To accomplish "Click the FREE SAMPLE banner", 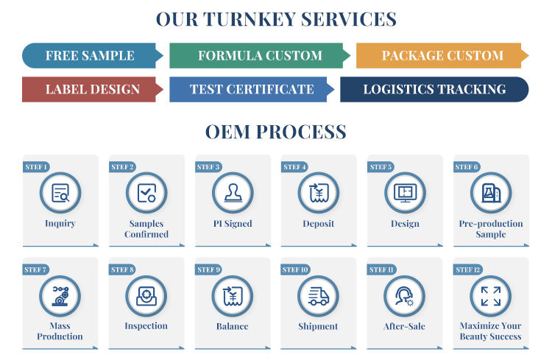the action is tap(92, 56).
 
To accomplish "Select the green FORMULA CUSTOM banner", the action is tap(260, 56).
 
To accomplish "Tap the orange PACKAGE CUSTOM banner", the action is tap(442, 56).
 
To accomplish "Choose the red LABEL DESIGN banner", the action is tap(92, 90).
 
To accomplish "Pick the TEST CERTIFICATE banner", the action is tap(252, 90).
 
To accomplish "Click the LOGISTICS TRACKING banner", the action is tap(434, 90).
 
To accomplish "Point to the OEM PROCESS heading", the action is tap(276, 132).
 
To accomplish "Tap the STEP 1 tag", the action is tap(36, 166).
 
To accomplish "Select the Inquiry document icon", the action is tap(60, 193).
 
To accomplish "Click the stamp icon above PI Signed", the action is tap(233, 193).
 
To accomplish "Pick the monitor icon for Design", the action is tap(406, 193).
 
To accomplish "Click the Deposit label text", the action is tap(319, 224).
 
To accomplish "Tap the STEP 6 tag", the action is tap(467, 166).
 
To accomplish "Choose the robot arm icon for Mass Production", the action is tap(60, 296).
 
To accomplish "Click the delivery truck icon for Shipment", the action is tap(318, 296).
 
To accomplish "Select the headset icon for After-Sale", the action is tap(404, 296).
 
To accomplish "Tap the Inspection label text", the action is tap(146, 326).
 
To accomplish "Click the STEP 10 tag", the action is tap(295, 269).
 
